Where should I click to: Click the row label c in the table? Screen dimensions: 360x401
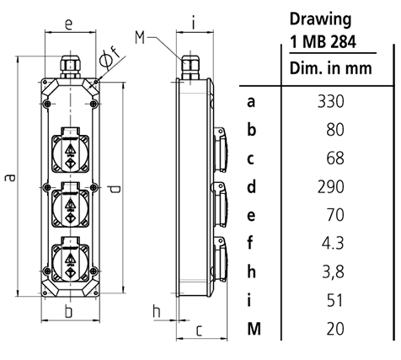pyautogui.click(x=251, y=159)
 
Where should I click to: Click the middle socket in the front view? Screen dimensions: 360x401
pyautogui.click(x=69, y=204)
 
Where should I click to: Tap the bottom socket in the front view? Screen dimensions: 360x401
pyautogui.click(x=69, y=258)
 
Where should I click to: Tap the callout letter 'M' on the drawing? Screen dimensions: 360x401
pyautogui.click(x=140, y=35)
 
